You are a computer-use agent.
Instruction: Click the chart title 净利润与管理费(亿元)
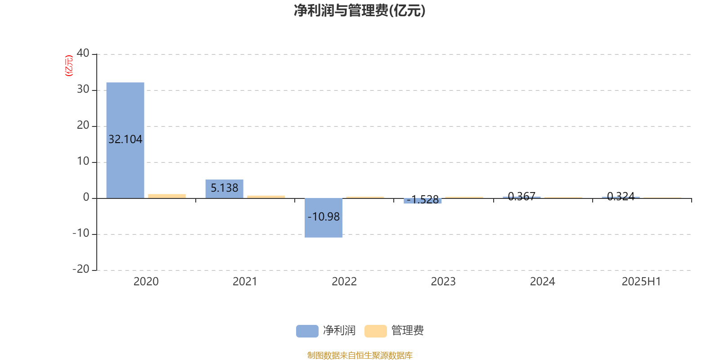click(360, 11)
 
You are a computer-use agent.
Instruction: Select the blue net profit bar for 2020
click(126, 140)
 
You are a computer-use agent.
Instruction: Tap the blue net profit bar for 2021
click(225, 189)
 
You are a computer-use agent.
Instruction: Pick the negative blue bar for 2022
click(324, 218)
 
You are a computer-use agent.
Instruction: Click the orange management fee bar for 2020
click(167, 196)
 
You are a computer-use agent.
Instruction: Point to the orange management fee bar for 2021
click(266, 197)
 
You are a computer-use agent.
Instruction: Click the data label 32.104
click(126, 139)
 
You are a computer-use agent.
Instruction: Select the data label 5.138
click(225, 188)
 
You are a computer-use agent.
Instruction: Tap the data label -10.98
click(324, 216)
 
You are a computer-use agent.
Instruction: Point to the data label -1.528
click(423, 200)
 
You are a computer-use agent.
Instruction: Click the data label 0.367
click(522, 196)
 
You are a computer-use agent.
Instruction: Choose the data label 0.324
click(621, 196)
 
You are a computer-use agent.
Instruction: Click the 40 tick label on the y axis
click(83, 54)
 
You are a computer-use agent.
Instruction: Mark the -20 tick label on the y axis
click(81, 270)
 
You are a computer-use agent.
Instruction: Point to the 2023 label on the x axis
click(443, 282)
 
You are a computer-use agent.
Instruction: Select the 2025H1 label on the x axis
click(641, 282)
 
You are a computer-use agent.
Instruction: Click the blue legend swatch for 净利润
click(307, 331)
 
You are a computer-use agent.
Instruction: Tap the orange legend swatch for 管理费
click(375, 331)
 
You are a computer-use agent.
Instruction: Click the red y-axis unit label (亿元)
click(69, 66)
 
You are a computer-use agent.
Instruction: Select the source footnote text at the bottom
click(360, 355)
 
